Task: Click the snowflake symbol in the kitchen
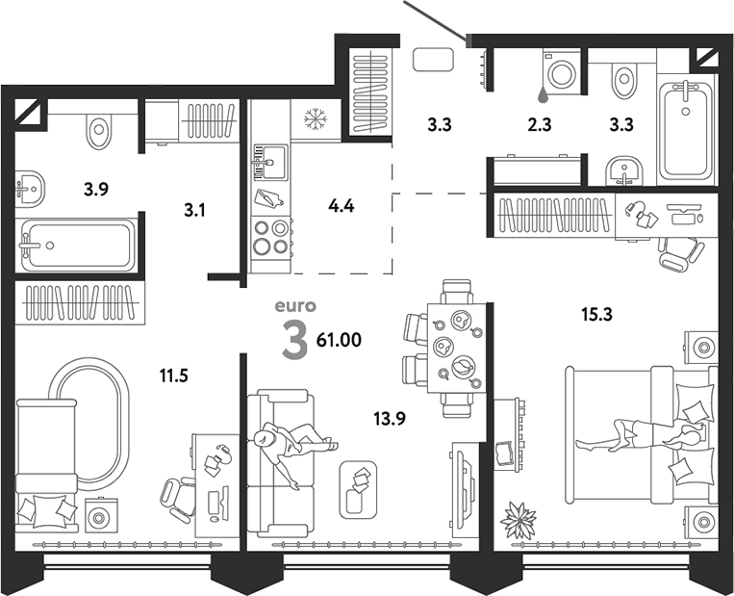coord(315,119)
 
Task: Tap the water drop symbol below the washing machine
coord(544,94)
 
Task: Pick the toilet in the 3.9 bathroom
coord(99,129)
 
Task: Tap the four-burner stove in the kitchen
coord(271,237)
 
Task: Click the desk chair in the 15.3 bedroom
coord(681,253)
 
